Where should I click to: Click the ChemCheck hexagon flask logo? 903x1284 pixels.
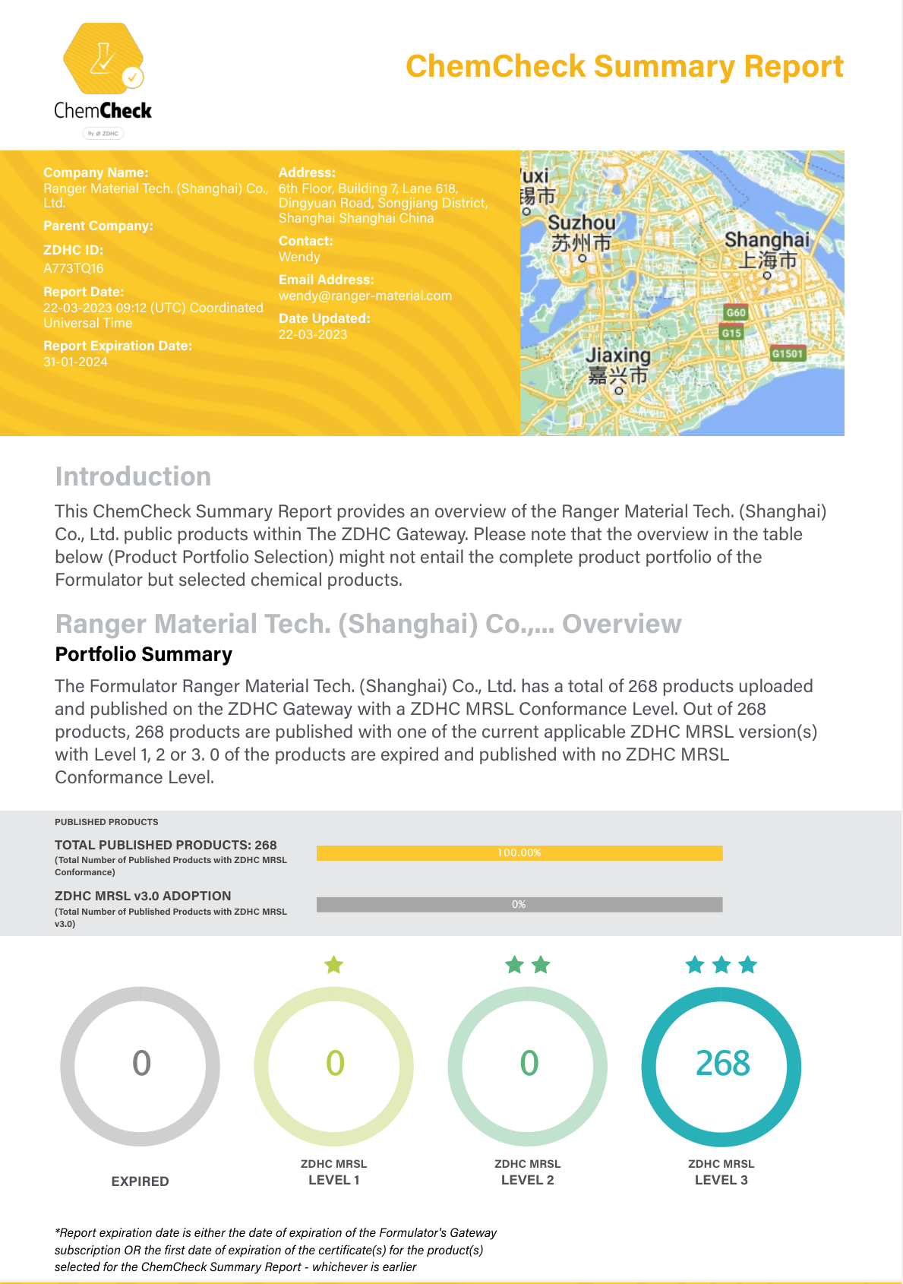103,59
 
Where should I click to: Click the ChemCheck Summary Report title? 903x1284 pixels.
624,66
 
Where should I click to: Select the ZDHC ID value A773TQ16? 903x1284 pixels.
74,268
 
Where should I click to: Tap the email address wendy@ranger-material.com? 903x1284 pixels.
365,296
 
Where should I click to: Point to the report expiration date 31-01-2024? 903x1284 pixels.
75,362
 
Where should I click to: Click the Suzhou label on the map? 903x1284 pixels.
582,223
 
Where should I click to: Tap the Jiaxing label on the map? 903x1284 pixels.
618,356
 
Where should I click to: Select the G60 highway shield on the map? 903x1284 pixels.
736,312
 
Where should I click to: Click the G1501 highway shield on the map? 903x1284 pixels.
788,353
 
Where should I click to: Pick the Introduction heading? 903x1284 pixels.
133,476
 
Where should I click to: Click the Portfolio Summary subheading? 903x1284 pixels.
144,654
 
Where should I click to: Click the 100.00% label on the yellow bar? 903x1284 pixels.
519,852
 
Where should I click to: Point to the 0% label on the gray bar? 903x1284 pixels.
519,904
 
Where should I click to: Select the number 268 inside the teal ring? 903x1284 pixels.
722,1063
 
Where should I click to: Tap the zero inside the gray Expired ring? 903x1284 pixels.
141,1063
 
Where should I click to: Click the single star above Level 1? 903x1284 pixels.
334,965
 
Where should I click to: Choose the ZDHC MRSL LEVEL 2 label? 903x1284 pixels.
528,1172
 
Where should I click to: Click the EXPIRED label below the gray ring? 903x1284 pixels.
141,1181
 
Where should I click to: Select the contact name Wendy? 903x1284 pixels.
299,257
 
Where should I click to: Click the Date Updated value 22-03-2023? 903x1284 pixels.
313,334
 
